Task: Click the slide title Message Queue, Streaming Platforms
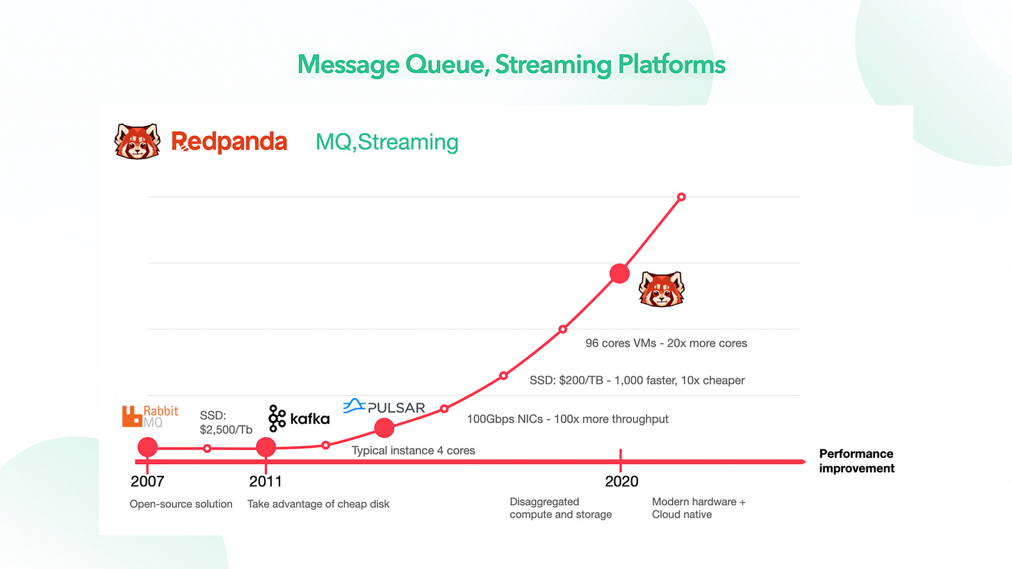coord(511,65)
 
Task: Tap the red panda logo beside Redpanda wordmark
coord(138,141)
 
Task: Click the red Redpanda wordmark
coord(229,142)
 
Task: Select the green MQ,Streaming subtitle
coord(386,142)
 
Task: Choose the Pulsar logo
coord(384,407)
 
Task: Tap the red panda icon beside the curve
coord(661,288)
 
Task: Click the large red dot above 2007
coord(147,447)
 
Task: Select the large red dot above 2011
coord(266,447)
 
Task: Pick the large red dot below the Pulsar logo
coord(384,429)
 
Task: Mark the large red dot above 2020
coord(619,274)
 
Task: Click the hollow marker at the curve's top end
coord(681,197)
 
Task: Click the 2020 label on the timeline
coord(622,481)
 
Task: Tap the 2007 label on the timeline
coord(147,481)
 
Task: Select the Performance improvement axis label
coord(856,461)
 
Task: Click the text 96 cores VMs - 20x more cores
coord(667,343)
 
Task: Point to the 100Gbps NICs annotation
coord(568,419)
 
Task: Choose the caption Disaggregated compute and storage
coord(560,508)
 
